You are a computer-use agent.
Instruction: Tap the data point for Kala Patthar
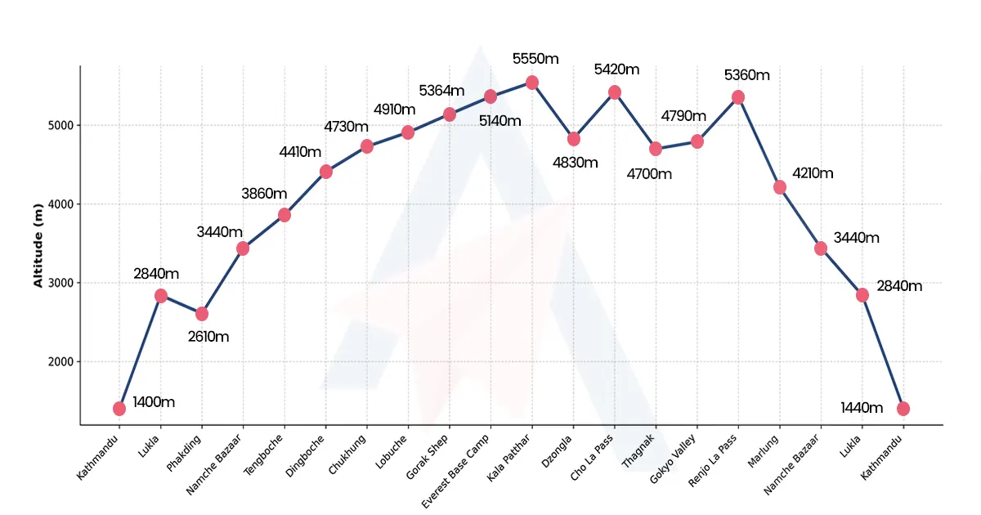pos(532,83)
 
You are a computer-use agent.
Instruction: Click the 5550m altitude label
pos(535,59)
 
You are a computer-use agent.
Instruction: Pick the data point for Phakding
pos(202,314)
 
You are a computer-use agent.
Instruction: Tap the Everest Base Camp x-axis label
pos(458,469)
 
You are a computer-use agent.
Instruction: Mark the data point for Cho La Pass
pos(615,92)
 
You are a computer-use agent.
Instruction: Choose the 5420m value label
pos(616,69)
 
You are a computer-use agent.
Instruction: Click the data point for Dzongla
pos(574,139)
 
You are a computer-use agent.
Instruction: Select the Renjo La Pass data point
pos(738,97)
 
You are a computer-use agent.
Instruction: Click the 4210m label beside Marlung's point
pos(813,173)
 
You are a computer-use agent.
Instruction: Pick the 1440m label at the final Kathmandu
pos(862,408)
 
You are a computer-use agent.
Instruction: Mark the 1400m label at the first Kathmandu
pos(154,402)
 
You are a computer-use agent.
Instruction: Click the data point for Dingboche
pos(326,172)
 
